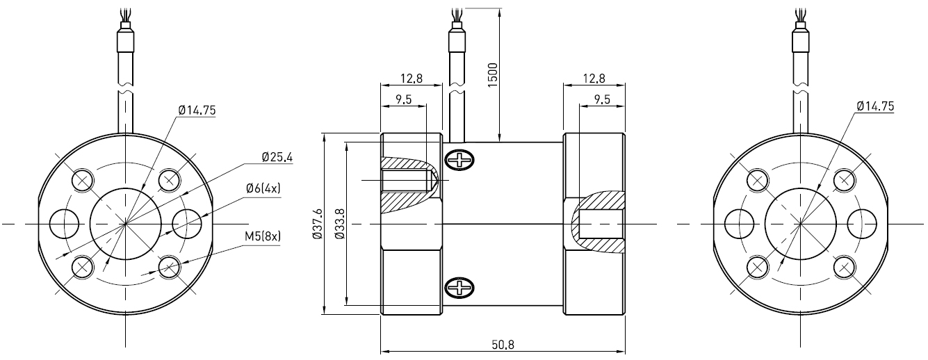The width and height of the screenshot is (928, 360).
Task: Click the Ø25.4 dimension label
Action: tap(277, 158)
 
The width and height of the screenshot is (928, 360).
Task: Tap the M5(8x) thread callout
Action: tap(262, 236)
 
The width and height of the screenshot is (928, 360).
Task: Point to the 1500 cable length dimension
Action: tap(492, 74)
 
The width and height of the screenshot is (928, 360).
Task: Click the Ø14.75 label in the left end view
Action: tap(197, 110)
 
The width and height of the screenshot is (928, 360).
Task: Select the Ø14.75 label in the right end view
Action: tap(875, 106)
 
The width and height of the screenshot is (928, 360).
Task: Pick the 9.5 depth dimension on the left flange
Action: tap(404, 99)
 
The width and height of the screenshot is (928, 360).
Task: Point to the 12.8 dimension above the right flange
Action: tap(594, 79)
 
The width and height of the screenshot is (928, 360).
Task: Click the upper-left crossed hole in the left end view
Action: tap(83, 179)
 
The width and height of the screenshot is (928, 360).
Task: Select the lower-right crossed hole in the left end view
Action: tap(169, 266)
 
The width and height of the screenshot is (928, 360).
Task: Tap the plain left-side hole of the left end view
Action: tap(64, 223)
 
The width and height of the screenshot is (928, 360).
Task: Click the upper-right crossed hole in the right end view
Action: tap(844, 179)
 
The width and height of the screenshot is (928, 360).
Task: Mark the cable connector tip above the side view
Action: tap(457, 28)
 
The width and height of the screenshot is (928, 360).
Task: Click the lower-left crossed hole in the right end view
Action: tap(757, 266)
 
